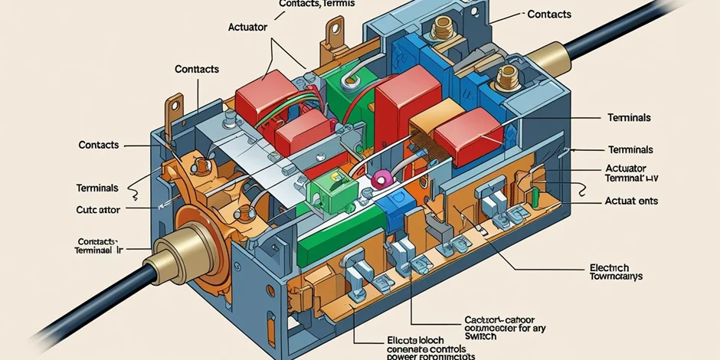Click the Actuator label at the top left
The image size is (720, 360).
point(247,27)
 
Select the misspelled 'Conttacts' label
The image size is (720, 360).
point(197,68)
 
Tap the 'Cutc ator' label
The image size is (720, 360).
point(97,209)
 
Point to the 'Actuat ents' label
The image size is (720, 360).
point(632,201)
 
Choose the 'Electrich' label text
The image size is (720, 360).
point(610,268)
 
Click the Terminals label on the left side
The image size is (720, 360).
point(97,188)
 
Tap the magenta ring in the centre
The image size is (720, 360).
point(380,181)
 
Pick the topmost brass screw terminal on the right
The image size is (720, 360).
point(442,31)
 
